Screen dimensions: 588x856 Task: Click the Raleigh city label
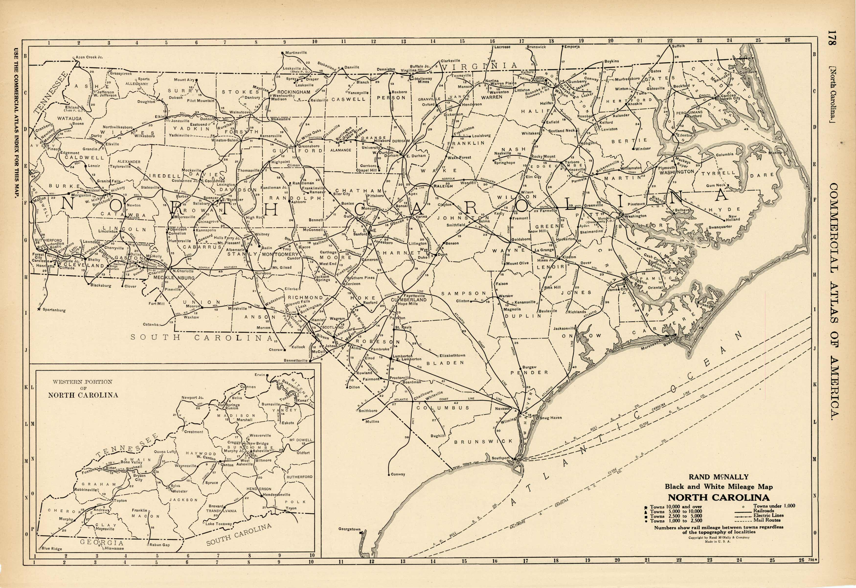click(443, 186)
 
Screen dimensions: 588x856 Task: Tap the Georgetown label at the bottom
click(349, 529)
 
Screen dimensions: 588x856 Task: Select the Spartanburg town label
click(54, 310)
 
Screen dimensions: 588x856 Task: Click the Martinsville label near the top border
click(296, 53)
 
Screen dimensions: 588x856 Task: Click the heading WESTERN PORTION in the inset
click(82, 382)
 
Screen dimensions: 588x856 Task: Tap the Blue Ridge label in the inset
click(52, 548)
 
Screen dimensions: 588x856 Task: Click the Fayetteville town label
click(414, 295)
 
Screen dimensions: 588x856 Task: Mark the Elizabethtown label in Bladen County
click(452, 356)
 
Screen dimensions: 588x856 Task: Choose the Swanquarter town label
click(720, 227)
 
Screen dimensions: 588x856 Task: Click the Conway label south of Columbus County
click(398, 474)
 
